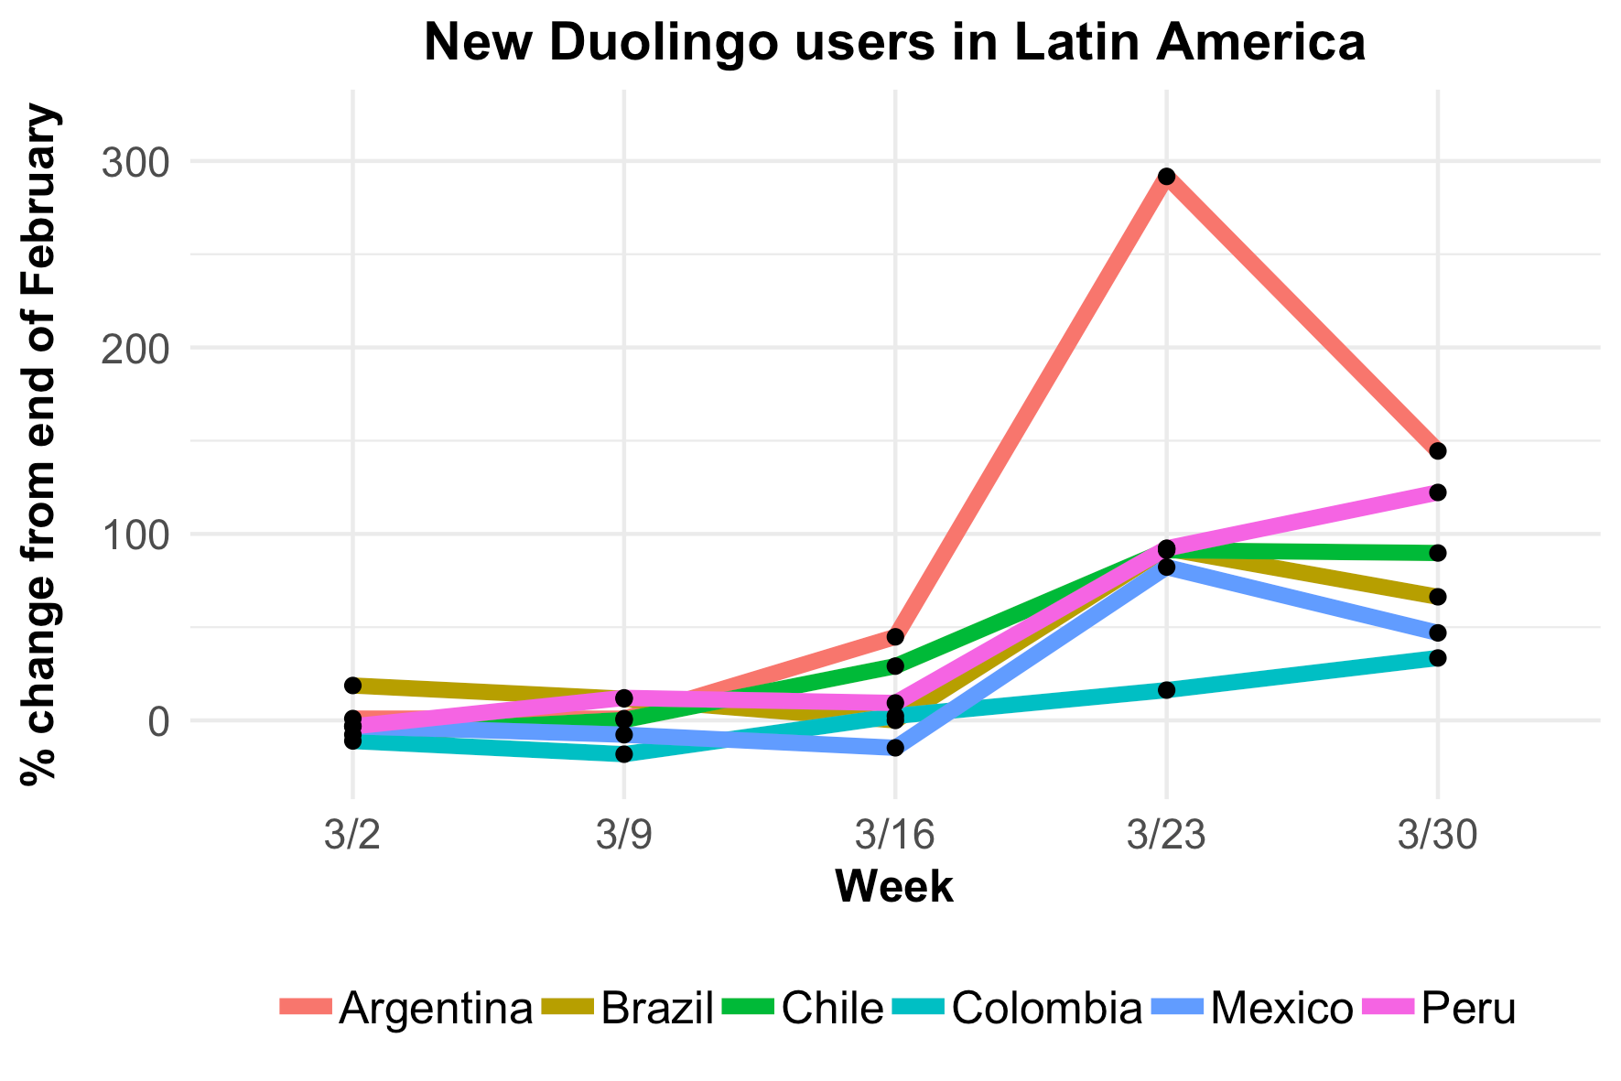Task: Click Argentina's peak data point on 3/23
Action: click(x=1165, y=176)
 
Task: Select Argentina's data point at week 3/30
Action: click(x=1437, y=450)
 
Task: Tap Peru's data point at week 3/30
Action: click(x=1437, y=492)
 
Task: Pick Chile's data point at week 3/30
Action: click(x=1437, y=553)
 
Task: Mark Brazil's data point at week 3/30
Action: click(x=1437, y=597)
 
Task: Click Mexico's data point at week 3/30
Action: click(x=1437, y=632)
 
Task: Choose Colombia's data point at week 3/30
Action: click(x=1437, y=657)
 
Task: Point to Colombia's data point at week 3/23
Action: click(x=1165, y=689)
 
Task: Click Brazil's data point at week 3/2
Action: click(x=352, y=685)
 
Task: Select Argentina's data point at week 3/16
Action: click(x=895, y=636)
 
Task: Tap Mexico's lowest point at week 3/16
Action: click(x=895, y=748)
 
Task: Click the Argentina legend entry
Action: click(x=407, y=1008)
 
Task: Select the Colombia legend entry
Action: click(x=1017, y=1008)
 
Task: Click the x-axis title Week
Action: click(x=894, y=886)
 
